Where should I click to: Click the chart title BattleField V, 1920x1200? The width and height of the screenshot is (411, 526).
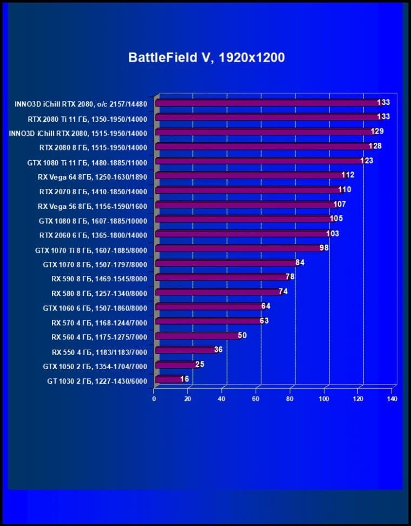coord(206,57)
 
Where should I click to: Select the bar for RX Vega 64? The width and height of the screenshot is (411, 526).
coord(249,175)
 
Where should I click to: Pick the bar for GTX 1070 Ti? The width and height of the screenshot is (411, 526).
coord(238,248)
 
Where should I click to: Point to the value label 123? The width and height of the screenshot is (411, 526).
coord(367,160)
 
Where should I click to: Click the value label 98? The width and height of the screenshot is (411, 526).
coord(324,248)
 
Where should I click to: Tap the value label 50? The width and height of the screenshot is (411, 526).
coord(242,336)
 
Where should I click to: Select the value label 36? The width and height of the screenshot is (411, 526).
coord(218,350)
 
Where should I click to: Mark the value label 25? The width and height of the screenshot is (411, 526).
coord(200,365)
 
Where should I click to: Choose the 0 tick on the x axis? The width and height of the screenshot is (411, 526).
coord(154,399)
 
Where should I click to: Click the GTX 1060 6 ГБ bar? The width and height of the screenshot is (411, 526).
coord(209,307)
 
